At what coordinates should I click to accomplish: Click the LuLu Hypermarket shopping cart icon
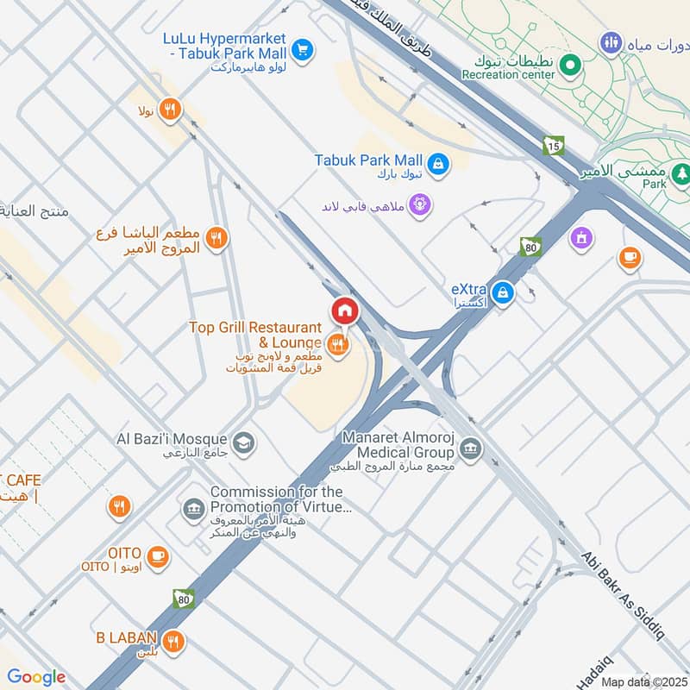point(301,50)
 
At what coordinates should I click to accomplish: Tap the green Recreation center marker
point(569,64)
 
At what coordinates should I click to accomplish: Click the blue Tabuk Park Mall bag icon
point(438,162)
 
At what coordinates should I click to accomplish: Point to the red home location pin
point(344,310)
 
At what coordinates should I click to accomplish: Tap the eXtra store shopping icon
point(505,294)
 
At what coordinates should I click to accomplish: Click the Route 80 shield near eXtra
point(530,247)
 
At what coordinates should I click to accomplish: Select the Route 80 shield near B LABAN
point(183,598)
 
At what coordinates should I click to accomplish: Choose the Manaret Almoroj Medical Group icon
point(471,448)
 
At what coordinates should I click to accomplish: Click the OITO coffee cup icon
point(157,556)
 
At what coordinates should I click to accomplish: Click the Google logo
point(36,677)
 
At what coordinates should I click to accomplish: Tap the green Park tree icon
point(682,173)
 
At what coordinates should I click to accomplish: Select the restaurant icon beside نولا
point(171,110)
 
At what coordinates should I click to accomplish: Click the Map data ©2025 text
point(643,681)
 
